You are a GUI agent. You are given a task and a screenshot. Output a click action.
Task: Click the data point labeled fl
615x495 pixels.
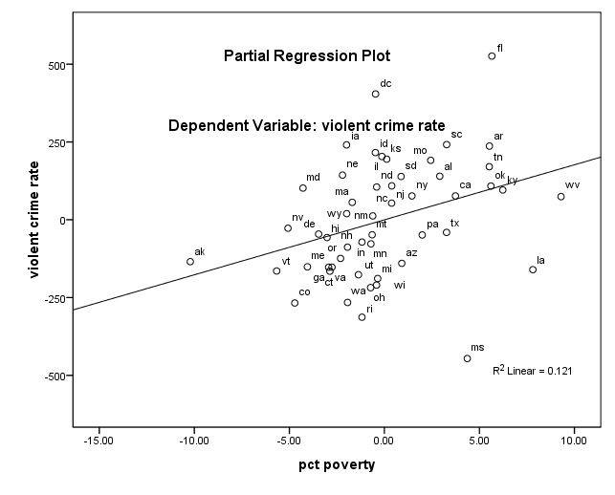coord(492,56)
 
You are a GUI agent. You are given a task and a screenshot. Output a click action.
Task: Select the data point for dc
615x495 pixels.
coord(376,94)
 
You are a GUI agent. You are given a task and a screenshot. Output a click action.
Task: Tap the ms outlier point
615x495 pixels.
coord(468,358)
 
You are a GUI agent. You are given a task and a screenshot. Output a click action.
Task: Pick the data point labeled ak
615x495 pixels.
coord(190,261)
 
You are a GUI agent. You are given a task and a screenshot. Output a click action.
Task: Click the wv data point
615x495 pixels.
coord(561,197)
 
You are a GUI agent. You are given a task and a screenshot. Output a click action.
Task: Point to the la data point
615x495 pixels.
coord(533,269)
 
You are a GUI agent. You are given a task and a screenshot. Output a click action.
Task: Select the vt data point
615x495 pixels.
coord(276,270)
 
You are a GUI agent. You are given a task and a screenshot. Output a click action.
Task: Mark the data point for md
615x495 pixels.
coord(303,187)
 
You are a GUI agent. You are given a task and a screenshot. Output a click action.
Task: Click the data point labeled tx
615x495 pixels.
coord(447,232)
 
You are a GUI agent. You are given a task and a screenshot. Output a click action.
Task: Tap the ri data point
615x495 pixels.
coord(362,317)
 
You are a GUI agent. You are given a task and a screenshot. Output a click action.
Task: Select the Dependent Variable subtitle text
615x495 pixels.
coord(306,125)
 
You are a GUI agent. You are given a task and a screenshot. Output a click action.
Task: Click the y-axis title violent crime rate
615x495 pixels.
coord(34,220)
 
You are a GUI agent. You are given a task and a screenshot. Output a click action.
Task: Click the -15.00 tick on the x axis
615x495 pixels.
coord(99,441)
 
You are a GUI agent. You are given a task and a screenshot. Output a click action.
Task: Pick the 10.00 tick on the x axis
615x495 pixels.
coord(574,441)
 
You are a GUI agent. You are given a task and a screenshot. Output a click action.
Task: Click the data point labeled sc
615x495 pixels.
coord(447,144)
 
